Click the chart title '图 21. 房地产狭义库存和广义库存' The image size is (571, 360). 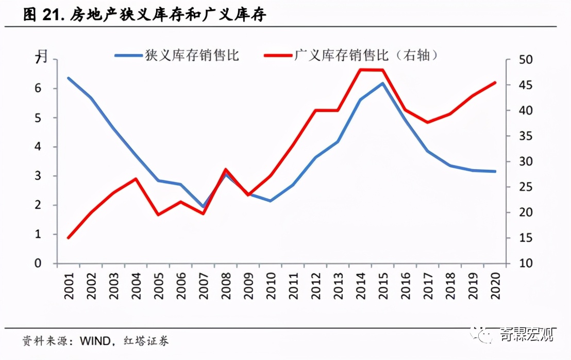[145, 15]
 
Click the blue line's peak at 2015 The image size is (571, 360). [382, 83]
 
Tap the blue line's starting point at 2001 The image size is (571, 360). [69, 78]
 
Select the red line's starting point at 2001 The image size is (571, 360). [69, 238]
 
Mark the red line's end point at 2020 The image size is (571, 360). [495, 82]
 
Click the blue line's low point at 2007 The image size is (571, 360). [203, 207]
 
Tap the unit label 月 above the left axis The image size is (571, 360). [43, 55]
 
